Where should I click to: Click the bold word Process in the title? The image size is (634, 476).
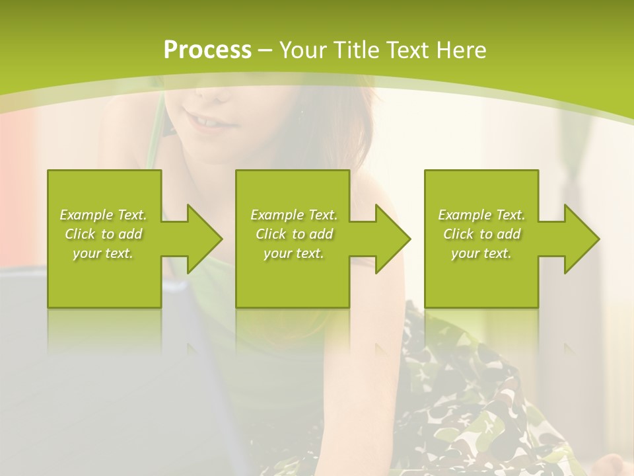tap(207, 50)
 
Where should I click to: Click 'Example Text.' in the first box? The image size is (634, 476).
tap(103, 215)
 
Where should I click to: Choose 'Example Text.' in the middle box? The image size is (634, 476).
tap(294, 215)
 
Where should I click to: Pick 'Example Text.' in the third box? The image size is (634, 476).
tap(481, 215)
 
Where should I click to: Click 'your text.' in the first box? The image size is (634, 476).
tap(103, 253)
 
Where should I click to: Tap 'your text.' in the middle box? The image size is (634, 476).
tap(294, 253)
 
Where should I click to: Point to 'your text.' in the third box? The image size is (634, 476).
tap(481, 253)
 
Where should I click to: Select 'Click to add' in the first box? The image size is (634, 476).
tap(103, 234)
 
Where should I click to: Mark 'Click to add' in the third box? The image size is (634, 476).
tap(481, 234)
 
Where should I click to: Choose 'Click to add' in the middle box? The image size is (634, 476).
tap(294, 234)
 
